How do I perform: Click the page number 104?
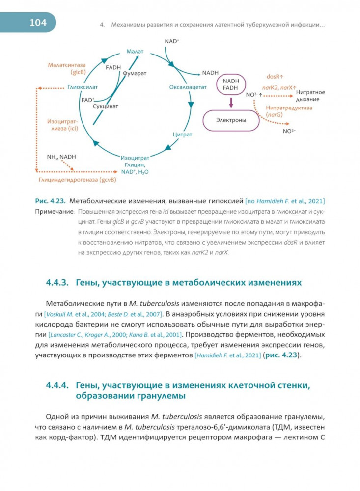point(38,22)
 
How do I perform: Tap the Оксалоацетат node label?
point(188,87)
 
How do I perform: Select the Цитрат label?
point(182,134)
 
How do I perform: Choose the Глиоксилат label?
point(79,88)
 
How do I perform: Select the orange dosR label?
point(275,77)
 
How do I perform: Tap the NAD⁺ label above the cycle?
point(172,42)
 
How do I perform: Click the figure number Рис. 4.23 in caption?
point(50,201)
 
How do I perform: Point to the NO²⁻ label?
point(289,131)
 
